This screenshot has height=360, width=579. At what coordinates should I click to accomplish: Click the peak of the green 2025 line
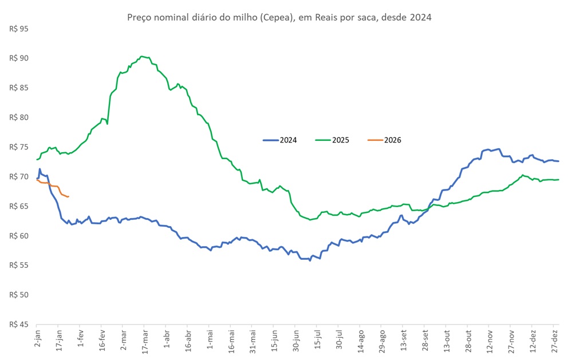(x=141, y=56)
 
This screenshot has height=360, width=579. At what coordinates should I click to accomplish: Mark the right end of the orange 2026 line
(x=69, y=197)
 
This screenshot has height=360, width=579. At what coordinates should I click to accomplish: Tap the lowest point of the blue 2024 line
(x=310, y=260)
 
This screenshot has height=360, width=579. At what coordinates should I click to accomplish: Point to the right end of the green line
(x=559, y=180)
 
